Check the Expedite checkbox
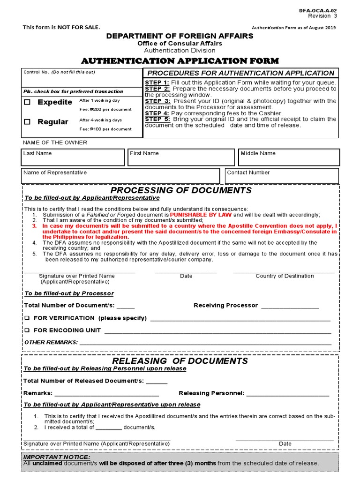[x=27, y=102]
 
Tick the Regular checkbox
[x=27, y=122]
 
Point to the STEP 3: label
[x=157, y=101]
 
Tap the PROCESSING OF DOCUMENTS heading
[x=181, y=190]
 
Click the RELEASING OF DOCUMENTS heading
[x=180, y=361]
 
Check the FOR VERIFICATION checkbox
[x=27, y=318]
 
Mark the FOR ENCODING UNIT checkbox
[x=27, y=330]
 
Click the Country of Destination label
[x=285, y=276]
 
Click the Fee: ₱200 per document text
[x=105, y=109]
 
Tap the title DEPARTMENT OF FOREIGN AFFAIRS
[x=180, y=36]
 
